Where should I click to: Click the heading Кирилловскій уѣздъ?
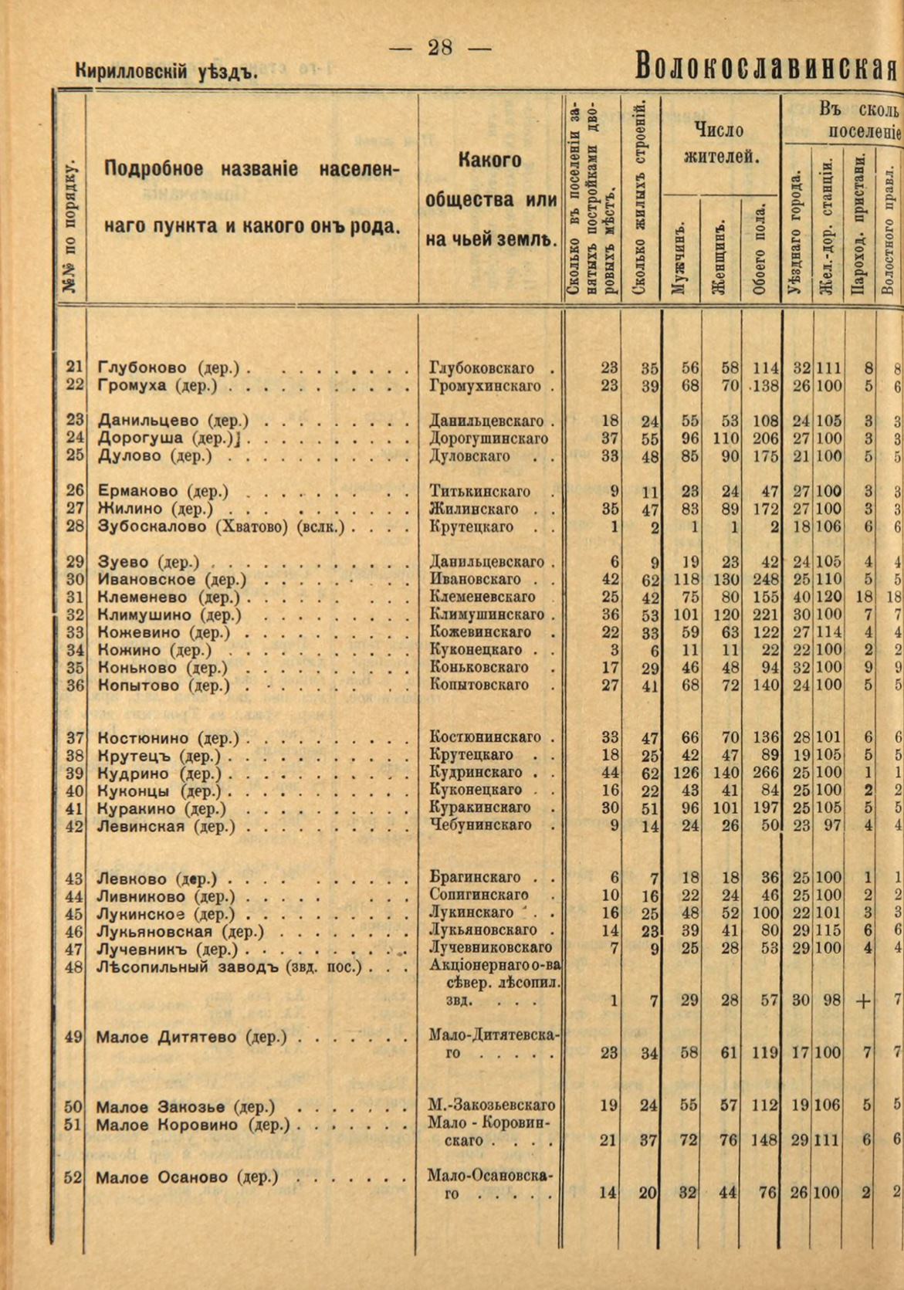(165, 72)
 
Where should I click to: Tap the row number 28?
(75, 526)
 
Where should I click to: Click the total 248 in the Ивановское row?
(764, 580)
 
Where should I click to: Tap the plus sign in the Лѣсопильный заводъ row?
(862, 1001)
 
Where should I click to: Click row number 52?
(73, 1177)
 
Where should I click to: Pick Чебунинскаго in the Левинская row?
(480, 825)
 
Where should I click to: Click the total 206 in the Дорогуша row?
(764, 438)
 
